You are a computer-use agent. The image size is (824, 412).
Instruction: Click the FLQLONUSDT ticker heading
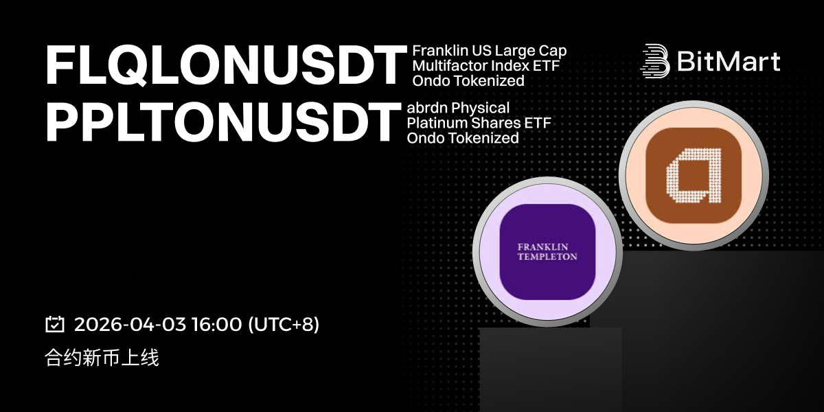coord(226,66)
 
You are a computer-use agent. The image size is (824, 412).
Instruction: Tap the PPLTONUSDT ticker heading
coord(223,122)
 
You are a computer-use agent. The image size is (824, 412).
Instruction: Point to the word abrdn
coord(426,108)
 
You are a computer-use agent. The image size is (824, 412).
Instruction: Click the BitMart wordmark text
coord(729,61)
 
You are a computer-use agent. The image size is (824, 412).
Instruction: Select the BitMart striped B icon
coord(655,61)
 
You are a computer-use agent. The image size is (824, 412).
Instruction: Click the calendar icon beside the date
coord(55,324)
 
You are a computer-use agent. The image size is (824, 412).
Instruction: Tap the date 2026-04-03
coord(130,324)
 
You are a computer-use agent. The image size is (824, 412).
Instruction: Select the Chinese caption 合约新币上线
coord(102,358)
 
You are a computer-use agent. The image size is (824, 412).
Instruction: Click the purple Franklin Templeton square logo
coord(547,251)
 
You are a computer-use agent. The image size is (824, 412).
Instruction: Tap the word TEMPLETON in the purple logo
coord(547,256)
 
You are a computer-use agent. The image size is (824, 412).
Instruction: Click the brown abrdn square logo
coord(694,176)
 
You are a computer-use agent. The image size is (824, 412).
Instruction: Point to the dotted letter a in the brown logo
coord(694,176)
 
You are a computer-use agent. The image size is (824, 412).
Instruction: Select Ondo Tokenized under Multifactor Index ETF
coord(468,81)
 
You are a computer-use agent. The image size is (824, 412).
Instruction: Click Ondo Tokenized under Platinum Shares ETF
coord(463,138)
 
